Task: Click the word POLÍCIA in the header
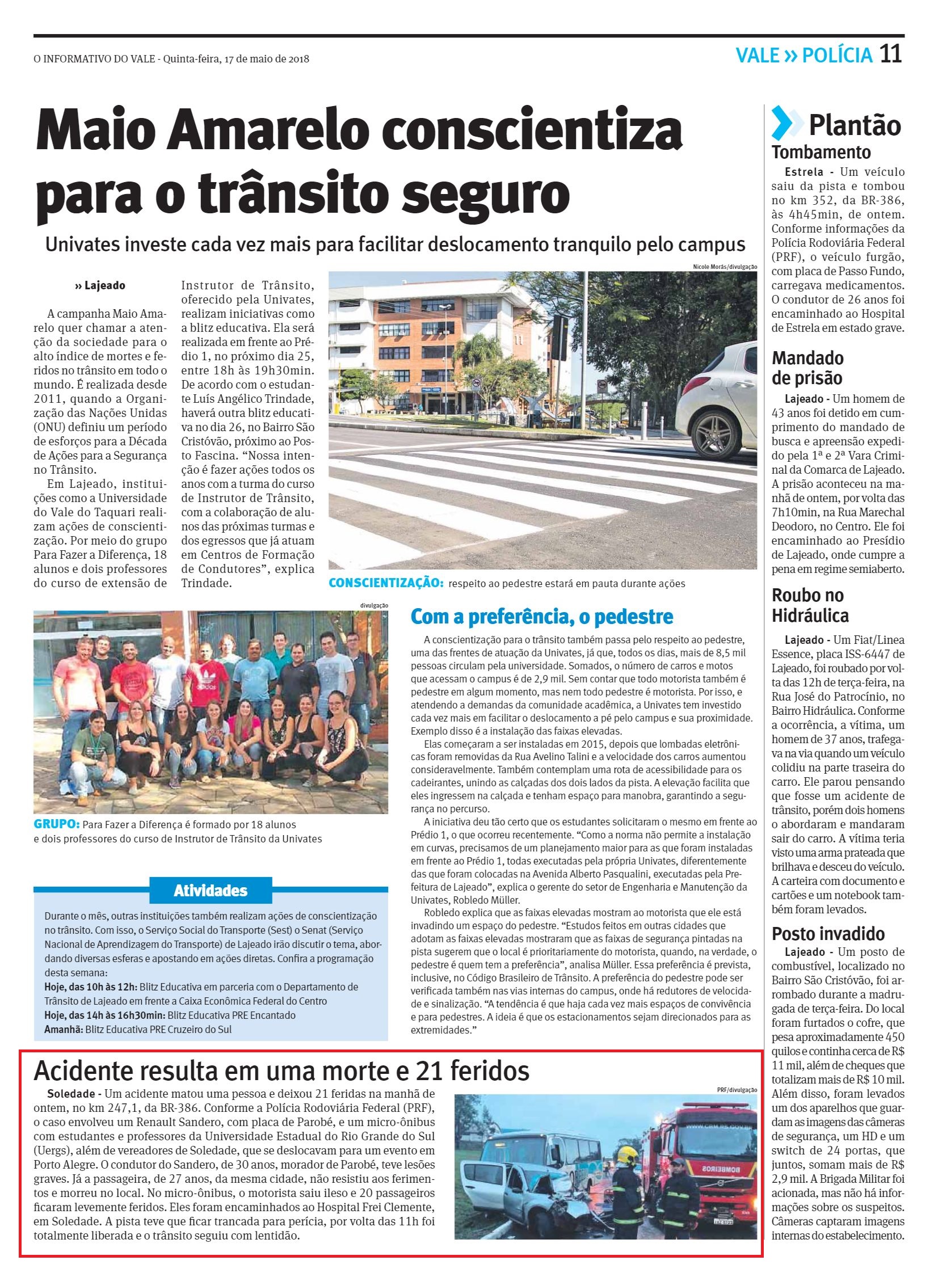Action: [838, 56]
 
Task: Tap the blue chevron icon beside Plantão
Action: [786, 123]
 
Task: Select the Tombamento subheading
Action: [821, 152]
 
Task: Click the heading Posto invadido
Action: [828, 934]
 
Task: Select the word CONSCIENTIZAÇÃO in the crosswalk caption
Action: [384, 583]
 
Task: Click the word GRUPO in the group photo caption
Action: [56, 824]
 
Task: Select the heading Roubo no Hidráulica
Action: [810, 605]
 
